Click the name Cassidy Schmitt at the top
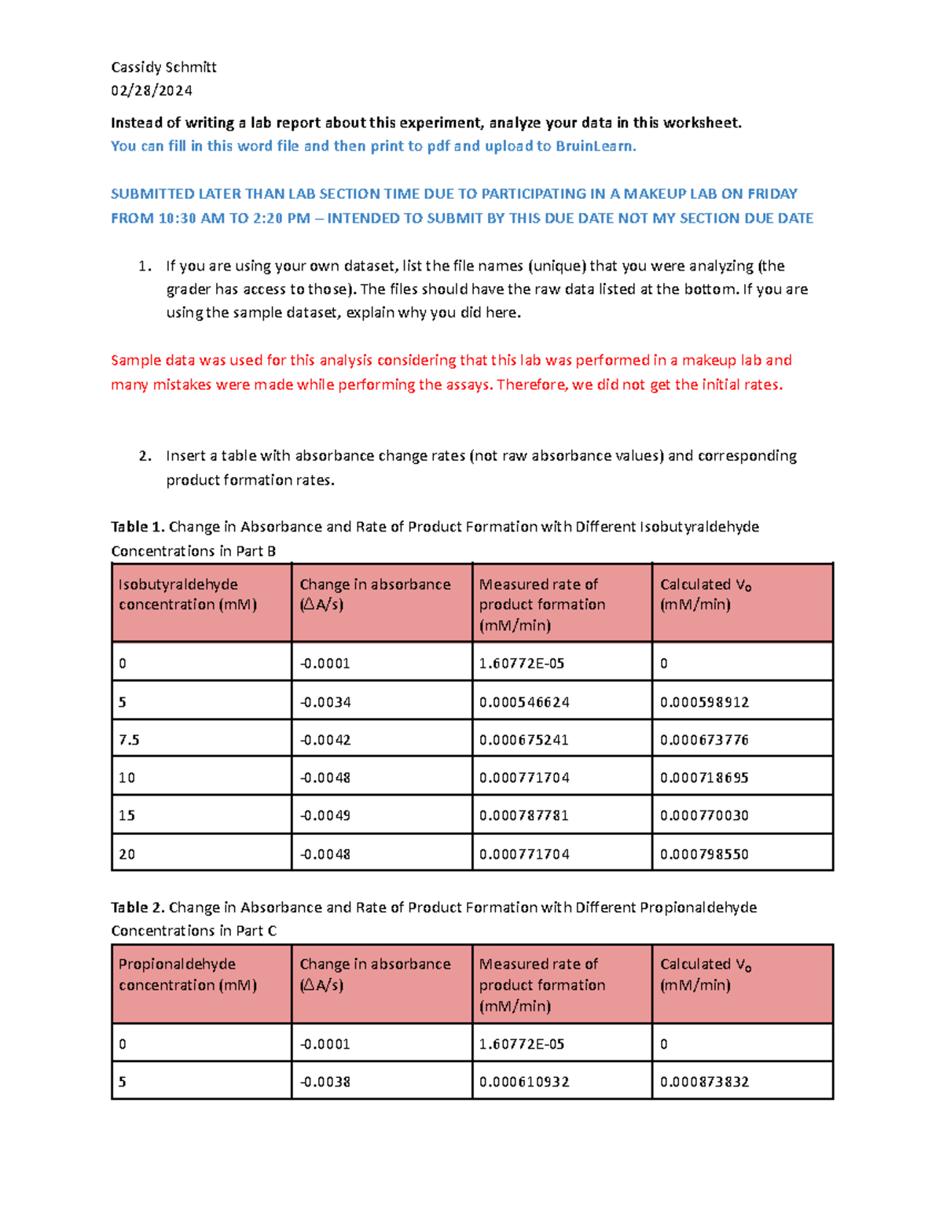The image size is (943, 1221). (163, 68)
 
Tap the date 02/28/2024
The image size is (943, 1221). (152, 91)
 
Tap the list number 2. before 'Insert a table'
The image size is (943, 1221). (145, 456)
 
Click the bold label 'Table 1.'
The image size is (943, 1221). (138, 527)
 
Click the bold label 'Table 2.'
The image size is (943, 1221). (138, 907)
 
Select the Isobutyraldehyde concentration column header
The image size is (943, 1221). (188, 594)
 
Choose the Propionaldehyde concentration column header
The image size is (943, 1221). (188, 975)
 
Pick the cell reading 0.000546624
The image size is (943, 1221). (524, 702)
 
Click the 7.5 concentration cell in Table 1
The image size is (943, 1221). (129, 740)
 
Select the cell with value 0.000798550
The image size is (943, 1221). (704, 854)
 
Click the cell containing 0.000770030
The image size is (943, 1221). (704, 815)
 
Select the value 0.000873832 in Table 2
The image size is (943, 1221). (704, 1082)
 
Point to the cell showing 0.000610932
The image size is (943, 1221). (524, 1082)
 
